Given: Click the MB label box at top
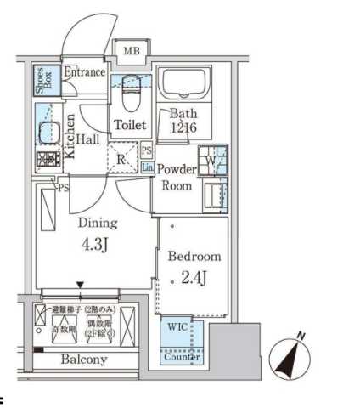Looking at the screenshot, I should [130, 52].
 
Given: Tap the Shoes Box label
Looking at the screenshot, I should [42, 80].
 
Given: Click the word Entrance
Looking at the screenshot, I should [84, 72].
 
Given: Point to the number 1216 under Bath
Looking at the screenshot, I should [183, 127].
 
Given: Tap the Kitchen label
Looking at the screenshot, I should [70, 137].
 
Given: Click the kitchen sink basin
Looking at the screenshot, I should [46, 133].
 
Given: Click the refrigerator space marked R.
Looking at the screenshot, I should [122, 159].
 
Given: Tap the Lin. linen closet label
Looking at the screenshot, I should [147, 168].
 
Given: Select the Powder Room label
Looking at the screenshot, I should [178, 178].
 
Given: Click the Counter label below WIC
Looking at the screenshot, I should [183, 357].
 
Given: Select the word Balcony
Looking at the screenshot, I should [83, 360].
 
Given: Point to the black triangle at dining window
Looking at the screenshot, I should [80, 286].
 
